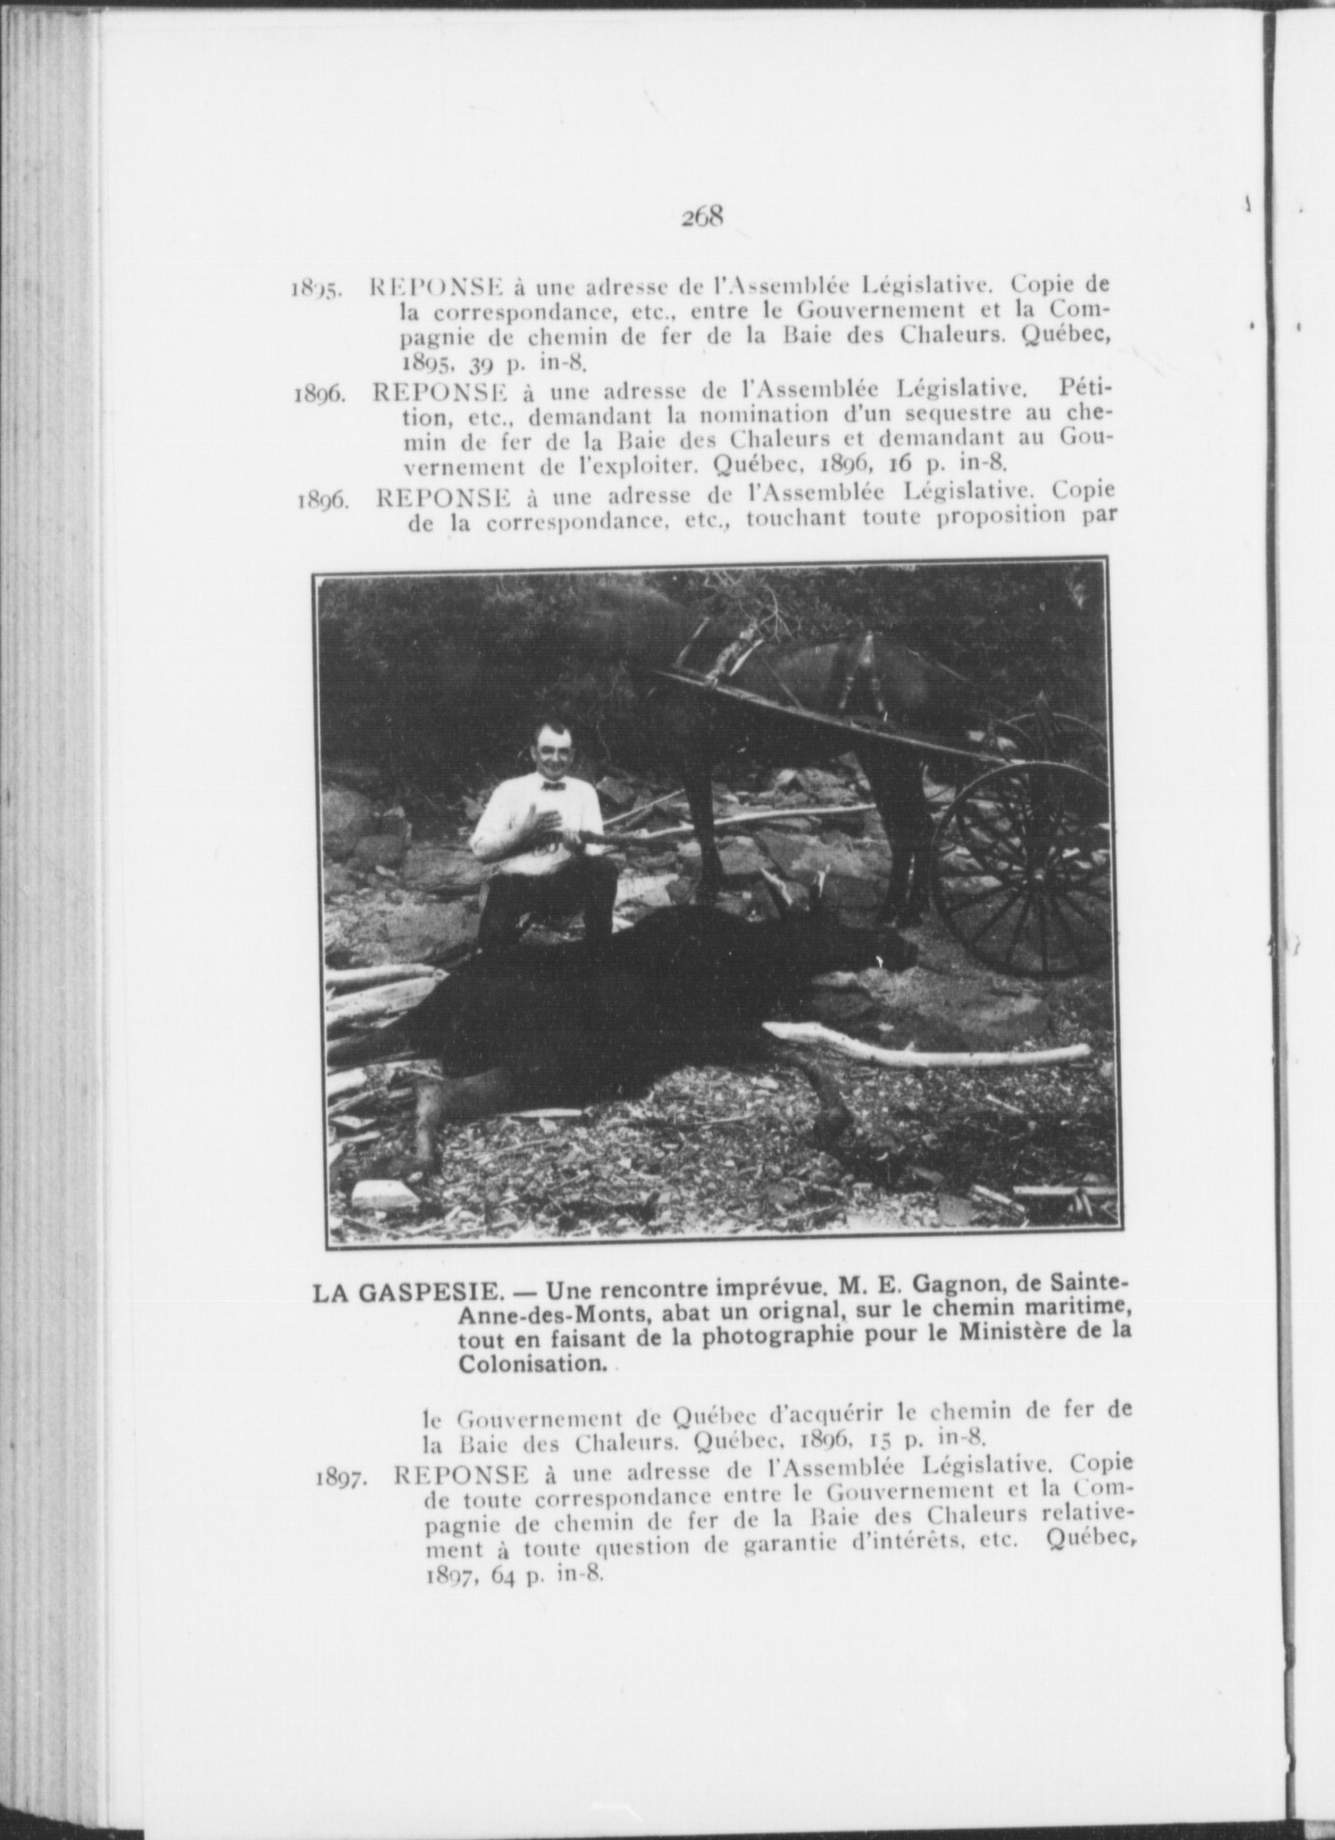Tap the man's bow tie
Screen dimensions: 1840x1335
(x=553, y=786)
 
